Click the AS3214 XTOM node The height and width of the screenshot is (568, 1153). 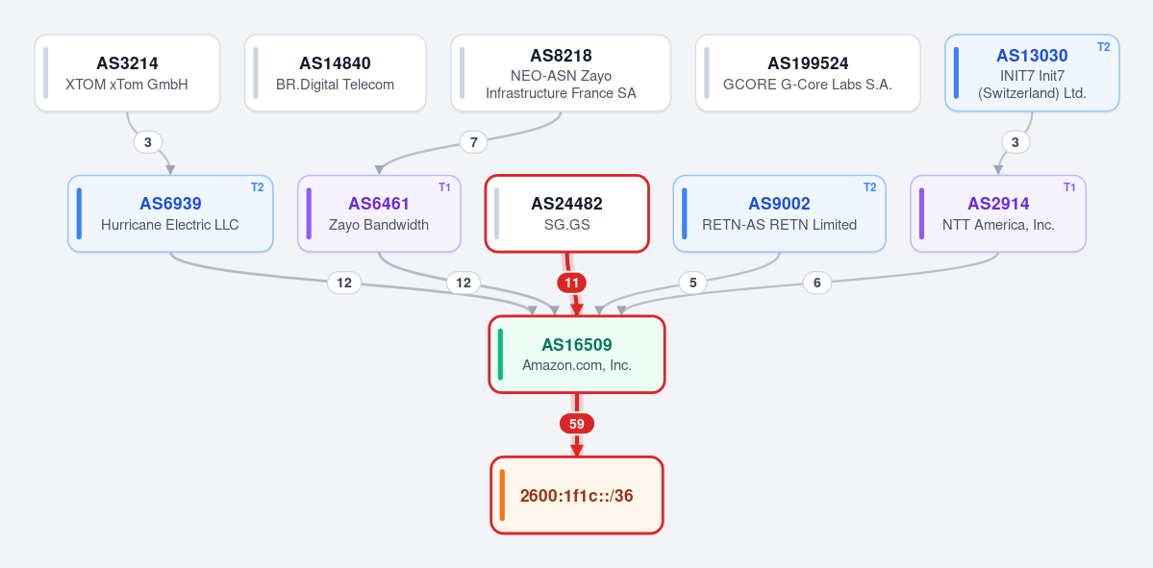127,73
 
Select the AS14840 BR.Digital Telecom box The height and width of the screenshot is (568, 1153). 336,73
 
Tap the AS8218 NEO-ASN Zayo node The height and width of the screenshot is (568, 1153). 561,73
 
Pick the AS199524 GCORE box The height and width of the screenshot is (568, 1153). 808,73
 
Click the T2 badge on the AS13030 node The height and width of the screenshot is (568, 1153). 1103,47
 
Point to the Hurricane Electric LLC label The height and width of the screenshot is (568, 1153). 170,225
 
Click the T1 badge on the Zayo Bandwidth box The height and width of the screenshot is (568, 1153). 444,187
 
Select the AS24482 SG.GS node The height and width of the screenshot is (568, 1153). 567,213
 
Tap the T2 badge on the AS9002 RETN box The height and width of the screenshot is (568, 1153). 869,187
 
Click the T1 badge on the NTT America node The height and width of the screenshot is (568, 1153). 1069,187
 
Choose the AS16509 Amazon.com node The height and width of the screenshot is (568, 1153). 577,355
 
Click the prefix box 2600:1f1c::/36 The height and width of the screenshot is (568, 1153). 577,495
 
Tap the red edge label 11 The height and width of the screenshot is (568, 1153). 572,283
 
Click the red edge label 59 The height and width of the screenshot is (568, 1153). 577,424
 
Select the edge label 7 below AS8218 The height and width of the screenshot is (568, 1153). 473,142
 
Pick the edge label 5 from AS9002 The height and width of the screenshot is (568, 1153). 692,283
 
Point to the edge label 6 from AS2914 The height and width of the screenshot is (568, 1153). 817,283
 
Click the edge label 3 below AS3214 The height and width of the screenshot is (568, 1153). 148,142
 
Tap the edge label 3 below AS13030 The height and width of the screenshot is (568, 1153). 1015,142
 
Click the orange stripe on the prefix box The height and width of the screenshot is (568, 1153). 502,495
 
